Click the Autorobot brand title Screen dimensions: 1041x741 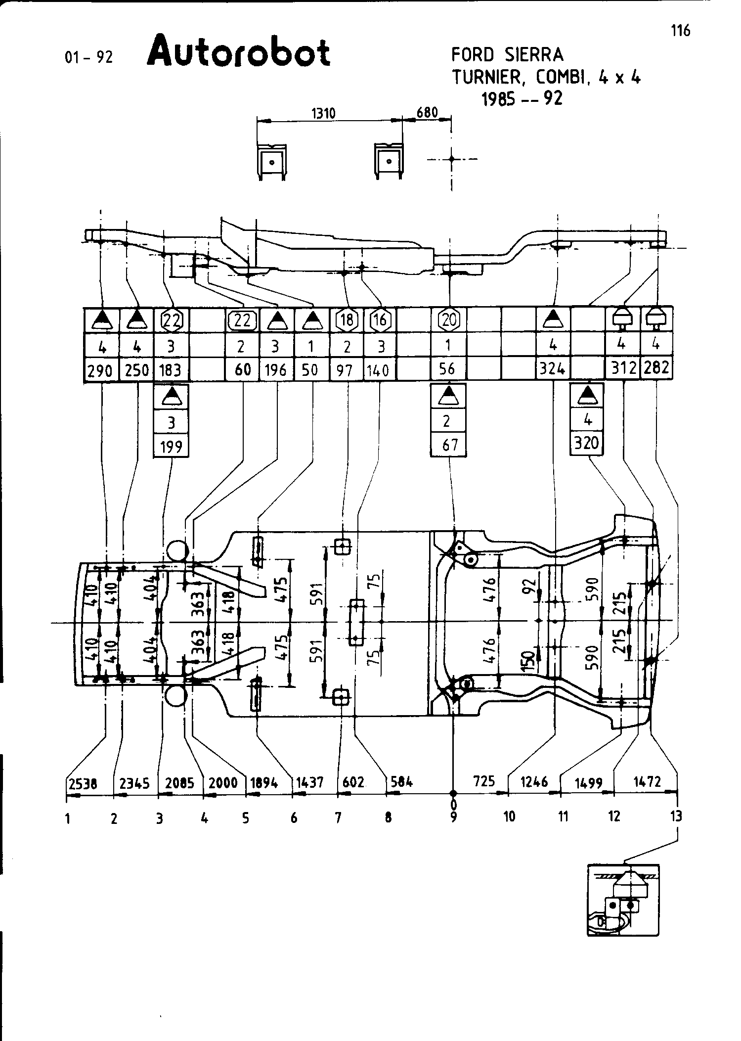tap(238, 51)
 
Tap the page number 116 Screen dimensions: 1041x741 tap(680, 31)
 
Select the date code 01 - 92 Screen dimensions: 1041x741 tap(89, 57)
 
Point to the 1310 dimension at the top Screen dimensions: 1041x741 tap(323, 113)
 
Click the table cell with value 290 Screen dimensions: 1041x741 tap(100, 370)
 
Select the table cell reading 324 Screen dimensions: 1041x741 tap(553, 369)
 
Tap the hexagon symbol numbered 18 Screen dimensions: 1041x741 tap(347, 320)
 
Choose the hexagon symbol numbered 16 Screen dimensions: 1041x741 tap(380, 320)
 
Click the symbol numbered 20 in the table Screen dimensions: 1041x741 tap(449, 320)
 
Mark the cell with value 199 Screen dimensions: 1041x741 tap(172, 447)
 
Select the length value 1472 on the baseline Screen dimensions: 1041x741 tap(647, 781)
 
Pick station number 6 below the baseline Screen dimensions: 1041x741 tap(294, 818)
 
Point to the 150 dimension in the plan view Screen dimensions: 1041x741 tap(528, 658)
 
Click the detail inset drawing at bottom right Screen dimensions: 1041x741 tap(623, 900)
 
